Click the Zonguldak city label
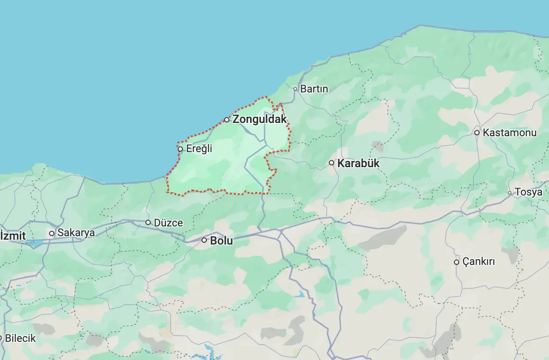coord(259,119)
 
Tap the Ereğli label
coord(199,149)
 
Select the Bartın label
coord(314,89)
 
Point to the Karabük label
coord(358,163)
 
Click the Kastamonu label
coord(509,133)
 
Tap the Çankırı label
coord(478,262)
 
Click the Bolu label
coord(221,241)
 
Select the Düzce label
coord(168,223)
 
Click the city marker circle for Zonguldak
coord(227,120)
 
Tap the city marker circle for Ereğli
coord(180,149)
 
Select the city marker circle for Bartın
coord(295,89)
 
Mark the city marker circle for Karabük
coord(332,163)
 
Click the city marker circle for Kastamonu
coord(477,133)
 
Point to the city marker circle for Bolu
coord(204,240)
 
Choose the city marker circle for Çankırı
coord(457,262)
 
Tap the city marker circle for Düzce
coord(148,222)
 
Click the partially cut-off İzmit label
coord(13,236)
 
